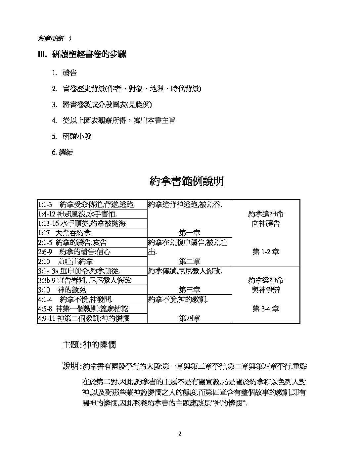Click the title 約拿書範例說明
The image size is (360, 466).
186,181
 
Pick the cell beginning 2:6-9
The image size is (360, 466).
74,252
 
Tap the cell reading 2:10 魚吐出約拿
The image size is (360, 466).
65,261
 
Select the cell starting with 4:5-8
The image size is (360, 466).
83,309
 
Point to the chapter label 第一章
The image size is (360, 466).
189,233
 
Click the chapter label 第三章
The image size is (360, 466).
189,290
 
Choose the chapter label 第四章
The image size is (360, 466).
189,318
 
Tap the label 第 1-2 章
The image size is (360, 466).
266,252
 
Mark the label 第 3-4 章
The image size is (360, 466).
266,309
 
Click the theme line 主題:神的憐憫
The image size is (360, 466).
89,345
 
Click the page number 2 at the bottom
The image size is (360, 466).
180,434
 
